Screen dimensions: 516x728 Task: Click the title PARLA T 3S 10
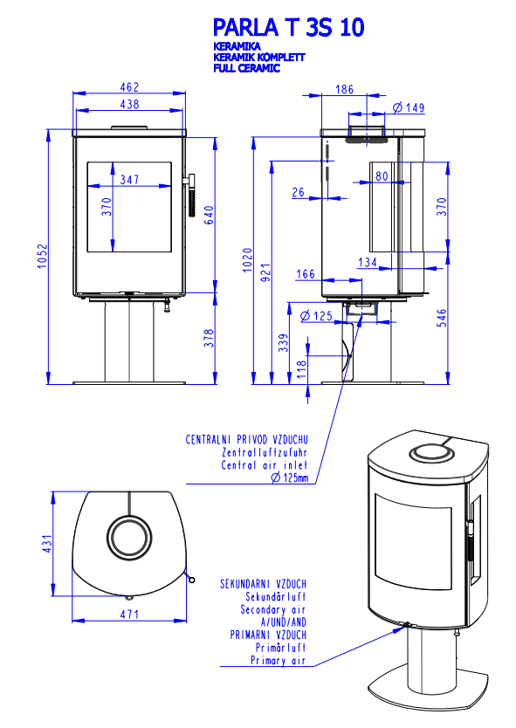pyautogui.click(x=288, y=27)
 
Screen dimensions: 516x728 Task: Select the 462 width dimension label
pyautogui.click(x=129, y=86)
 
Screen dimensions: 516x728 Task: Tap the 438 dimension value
pyautogui.click(x=129, y=104)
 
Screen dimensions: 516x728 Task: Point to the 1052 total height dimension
pyautogui.click(x=43, y=257)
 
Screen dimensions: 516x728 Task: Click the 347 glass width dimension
pyautogui.click(x=129, y=179)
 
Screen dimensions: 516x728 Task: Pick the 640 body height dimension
pyautogui.click(x=209, y=215)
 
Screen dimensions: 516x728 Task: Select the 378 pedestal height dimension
pyautogui.click(x=209, y=338)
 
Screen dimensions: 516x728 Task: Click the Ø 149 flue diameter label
pyautogui.click(x=409, y=107)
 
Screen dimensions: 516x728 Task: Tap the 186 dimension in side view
pyautogui.click(x=344, y=89)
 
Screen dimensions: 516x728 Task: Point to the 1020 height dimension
pyautogui.click(x=248, y=260)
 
